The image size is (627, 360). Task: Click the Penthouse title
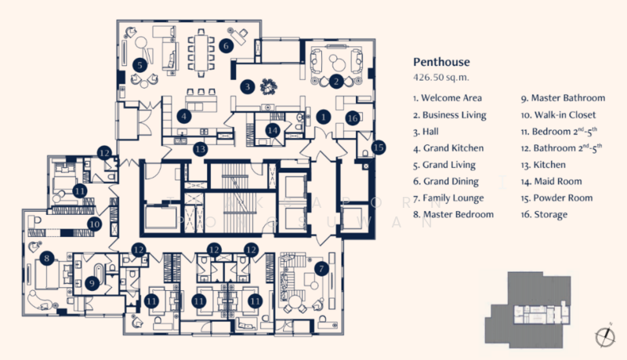441,62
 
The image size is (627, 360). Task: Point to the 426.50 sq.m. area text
440,77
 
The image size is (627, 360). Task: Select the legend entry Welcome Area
448,98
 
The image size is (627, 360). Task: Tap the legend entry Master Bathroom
563,98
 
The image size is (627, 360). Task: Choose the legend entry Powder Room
556,198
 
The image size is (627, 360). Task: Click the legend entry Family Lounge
448,198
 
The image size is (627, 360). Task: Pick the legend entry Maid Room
552,181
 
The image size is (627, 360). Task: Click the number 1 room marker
323,117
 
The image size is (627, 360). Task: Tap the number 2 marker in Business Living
336,82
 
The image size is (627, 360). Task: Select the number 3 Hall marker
248,86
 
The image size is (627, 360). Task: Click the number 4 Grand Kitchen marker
183,116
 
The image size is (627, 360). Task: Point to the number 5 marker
140,65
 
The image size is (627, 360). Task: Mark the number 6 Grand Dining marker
226,45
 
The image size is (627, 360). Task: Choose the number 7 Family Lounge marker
321,269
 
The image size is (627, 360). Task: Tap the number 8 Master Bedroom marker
47,258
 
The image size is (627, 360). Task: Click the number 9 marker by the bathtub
92,284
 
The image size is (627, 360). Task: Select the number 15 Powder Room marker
379,147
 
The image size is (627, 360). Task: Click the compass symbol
605,336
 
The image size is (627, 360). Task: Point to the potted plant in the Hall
268,86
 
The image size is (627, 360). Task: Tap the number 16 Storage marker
352,118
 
